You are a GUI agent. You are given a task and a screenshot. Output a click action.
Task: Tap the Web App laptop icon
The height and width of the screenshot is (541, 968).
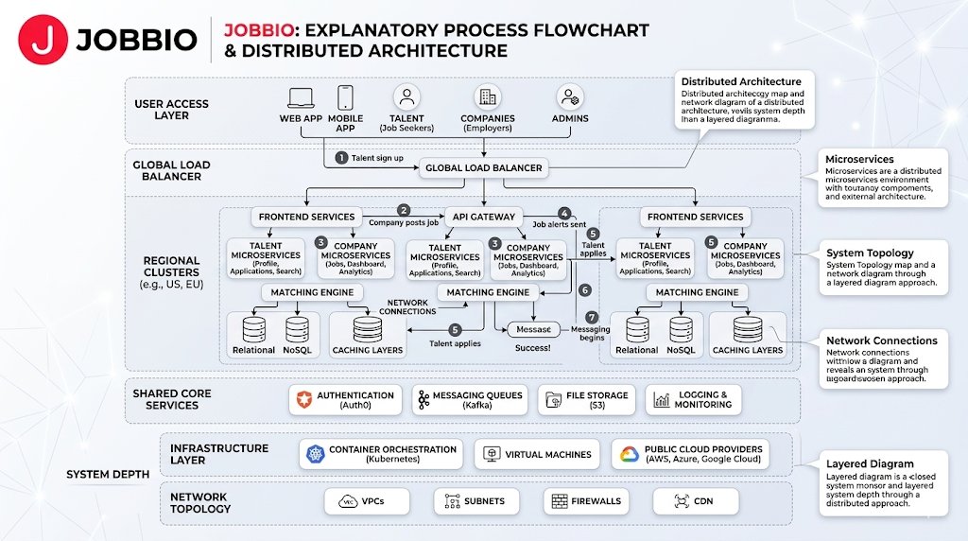[x=301, y=97]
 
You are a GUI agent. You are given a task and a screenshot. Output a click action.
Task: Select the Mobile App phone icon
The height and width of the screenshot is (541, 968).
[x=345, y=97]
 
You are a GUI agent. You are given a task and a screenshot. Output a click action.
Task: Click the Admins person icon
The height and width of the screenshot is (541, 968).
[x=570, y=96]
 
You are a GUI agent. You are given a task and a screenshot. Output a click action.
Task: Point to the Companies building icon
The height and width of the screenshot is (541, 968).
[x=488, y=96]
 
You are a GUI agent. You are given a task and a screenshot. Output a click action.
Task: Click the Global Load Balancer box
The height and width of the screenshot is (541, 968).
[x=483, y=168]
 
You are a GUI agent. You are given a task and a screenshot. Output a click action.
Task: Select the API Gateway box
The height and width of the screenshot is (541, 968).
[x=483, y=217]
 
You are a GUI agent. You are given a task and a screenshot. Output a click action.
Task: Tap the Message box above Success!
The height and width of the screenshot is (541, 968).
[x=534, y=329]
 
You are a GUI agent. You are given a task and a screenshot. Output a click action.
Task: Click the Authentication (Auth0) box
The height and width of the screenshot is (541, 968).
[x=344, y=400]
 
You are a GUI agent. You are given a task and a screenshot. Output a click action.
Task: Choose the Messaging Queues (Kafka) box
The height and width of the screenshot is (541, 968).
[x=471, y=400]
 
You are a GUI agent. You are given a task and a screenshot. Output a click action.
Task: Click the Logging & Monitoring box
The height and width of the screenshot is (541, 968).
[x=693, y=400]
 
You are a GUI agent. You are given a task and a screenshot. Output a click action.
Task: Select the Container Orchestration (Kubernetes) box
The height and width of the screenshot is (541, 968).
[x=381, y=454]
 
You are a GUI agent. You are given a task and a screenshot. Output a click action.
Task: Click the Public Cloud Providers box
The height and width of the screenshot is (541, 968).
[x=689, y=454]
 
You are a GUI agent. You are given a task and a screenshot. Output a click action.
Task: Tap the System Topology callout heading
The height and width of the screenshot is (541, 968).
[x=870, y=253]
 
